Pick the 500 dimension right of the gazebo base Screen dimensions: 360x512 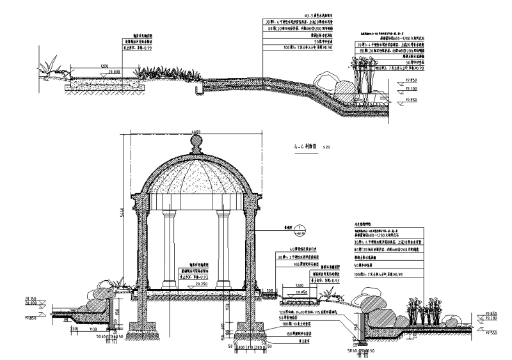pyautogui.click(x=271, y=288)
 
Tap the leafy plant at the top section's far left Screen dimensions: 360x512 pyautogui.click(x=49, y=66)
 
